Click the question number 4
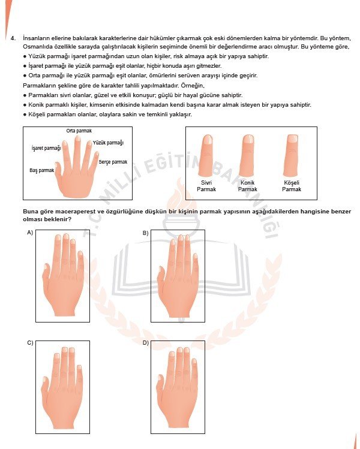point(13,38)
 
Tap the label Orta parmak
point(79,131)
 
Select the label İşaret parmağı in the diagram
point(46,147)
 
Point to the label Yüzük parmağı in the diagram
point(108,143)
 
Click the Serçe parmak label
point(113,162)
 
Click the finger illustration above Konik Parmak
point(248,155)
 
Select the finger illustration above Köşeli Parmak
point(292,155)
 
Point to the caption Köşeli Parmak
point(292,186)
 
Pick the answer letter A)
point(29,233)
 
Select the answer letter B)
point(145,233)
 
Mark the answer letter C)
point(29,343)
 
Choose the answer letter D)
point(145,343)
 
